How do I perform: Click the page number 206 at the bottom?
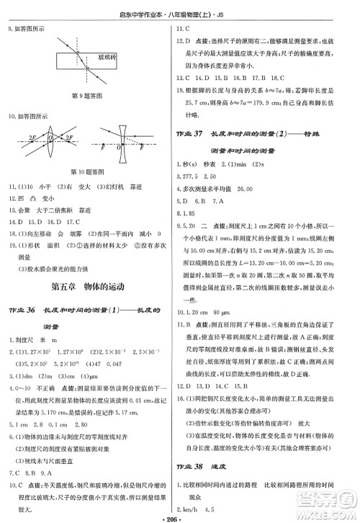click(180, 517)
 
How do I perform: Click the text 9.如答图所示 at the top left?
click(26, 30)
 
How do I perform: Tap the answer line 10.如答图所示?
click(28, 115)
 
